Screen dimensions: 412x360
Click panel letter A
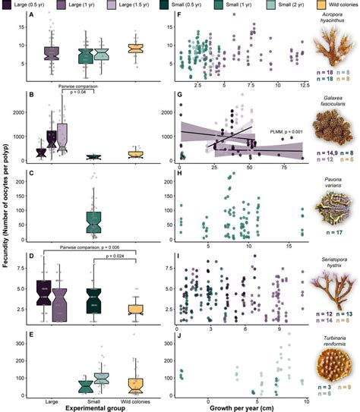tap(29, 17)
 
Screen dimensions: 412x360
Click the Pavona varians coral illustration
tap(333, 206)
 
